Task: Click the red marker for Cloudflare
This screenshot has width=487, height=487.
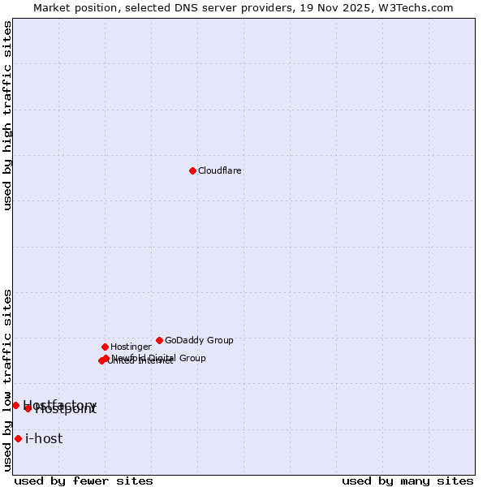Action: coord(192,170)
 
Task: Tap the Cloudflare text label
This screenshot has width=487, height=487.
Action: coord(219,171)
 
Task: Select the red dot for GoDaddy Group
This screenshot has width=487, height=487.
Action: coord(159,340)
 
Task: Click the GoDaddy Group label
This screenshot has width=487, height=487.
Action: coord(199,341)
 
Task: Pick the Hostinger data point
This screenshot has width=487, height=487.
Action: coord(105,347)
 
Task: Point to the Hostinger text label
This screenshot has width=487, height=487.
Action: coord(131,347)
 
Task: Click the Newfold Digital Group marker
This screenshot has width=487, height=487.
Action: coord(106,358)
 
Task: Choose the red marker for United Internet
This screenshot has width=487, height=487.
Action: coord(101,360)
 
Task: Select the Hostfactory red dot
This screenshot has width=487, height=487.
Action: coord(15,405)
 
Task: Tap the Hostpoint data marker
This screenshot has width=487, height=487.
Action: coord(28,408)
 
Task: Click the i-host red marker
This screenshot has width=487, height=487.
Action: coord(18,438)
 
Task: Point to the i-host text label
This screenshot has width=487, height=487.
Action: coord(44,439)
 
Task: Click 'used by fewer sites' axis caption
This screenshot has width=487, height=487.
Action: coord(84,481)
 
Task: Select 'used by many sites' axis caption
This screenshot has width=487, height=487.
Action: coord(407,481)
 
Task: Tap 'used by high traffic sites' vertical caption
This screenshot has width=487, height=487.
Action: coord(7,115)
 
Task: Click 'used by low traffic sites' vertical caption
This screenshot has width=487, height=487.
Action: coord(7,380)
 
